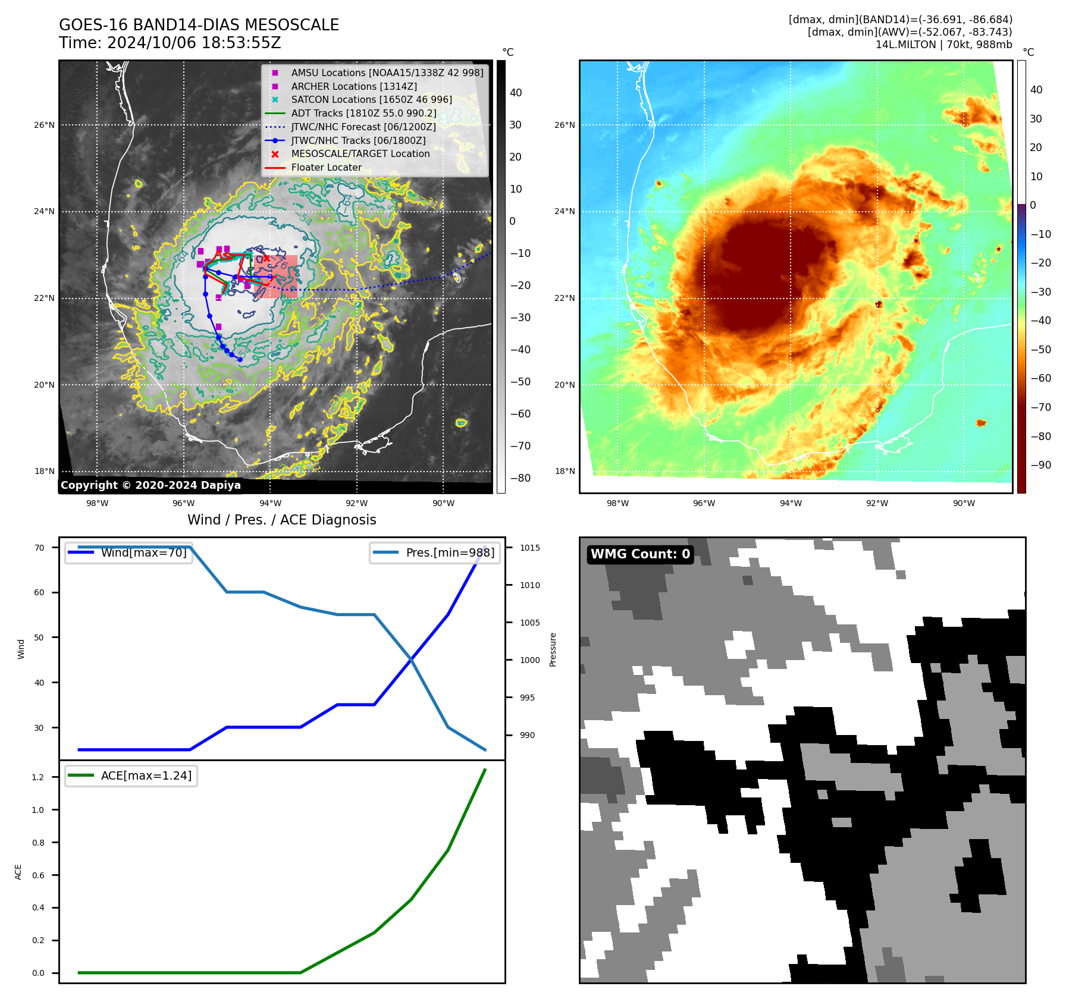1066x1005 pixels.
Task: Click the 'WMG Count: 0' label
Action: click(x=640, y=554)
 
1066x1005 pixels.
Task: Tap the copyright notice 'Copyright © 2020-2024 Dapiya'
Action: click(x=151, y=485)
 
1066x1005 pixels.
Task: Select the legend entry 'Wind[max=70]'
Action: click(x=143, y=552)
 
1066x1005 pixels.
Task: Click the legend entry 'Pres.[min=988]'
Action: click(x=450, y=552)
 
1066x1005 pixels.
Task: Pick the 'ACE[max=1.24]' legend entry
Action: click(x=146, y=775)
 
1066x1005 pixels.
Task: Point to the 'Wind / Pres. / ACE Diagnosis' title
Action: click(x=281, y=520)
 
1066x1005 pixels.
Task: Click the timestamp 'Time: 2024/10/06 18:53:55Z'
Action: click(x=170, y=43)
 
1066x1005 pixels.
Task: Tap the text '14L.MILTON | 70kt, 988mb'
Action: click(x=943, y=45)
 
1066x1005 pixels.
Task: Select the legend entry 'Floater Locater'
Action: click(x=326, y=168)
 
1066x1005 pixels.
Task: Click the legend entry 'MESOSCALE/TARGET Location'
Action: click(x=360, y=154)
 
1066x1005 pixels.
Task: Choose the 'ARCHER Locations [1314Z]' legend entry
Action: click(x=354, y=86)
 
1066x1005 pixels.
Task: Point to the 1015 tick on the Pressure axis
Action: click(x=529, y=548)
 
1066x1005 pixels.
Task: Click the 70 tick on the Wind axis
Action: click(x=39, y=548)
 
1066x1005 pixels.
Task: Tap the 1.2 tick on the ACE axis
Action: click(x=38, y=777)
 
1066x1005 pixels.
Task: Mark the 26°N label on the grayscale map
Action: click(x=44, y=125)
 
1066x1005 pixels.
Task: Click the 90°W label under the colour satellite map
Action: click(x=964, y=503)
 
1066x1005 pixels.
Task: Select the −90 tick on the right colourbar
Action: click(x=1040, y=465)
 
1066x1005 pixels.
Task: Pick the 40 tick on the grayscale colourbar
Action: click(x=516, y=93)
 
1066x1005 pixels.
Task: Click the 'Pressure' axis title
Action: click(x=553, y=649)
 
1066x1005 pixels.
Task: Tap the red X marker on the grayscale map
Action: click(x=266, y=258)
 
